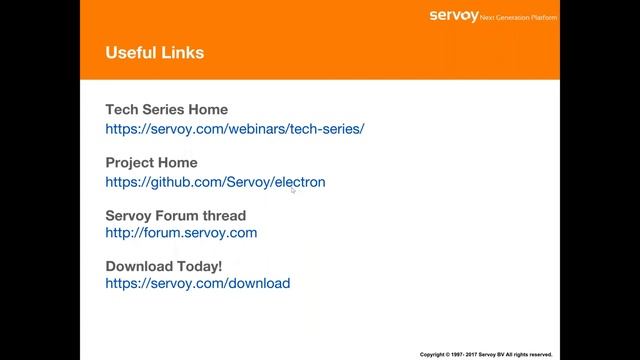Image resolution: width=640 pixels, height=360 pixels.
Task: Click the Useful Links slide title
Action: pos(155,52)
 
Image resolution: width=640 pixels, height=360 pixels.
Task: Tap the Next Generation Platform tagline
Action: pos(519,17)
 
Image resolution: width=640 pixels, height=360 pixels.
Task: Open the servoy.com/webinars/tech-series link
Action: pos(235,129)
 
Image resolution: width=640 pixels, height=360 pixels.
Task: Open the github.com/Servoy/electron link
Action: pos(215,182)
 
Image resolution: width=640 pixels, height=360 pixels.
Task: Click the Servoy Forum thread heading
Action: pos(175,215)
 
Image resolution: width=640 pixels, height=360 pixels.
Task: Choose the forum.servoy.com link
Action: pos(181,233)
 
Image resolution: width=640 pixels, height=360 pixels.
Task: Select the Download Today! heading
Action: pos(164,266)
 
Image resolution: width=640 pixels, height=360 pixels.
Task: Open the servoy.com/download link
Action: pos(198,284)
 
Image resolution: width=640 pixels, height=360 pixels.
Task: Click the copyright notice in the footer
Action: pos(485,354)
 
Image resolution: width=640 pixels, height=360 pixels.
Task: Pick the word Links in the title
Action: pos(183,52)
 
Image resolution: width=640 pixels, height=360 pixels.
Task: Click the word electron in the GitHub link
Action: pos(299,182)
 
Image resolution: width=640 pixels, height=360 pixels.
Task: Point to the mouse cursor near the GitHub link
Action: pos(293,188)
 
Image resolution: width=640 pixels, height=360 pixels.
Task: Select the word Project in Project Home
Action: pos(130,163)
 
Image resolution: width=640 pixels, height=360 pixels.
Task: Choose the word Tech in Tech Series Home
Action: pos(122,110)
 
